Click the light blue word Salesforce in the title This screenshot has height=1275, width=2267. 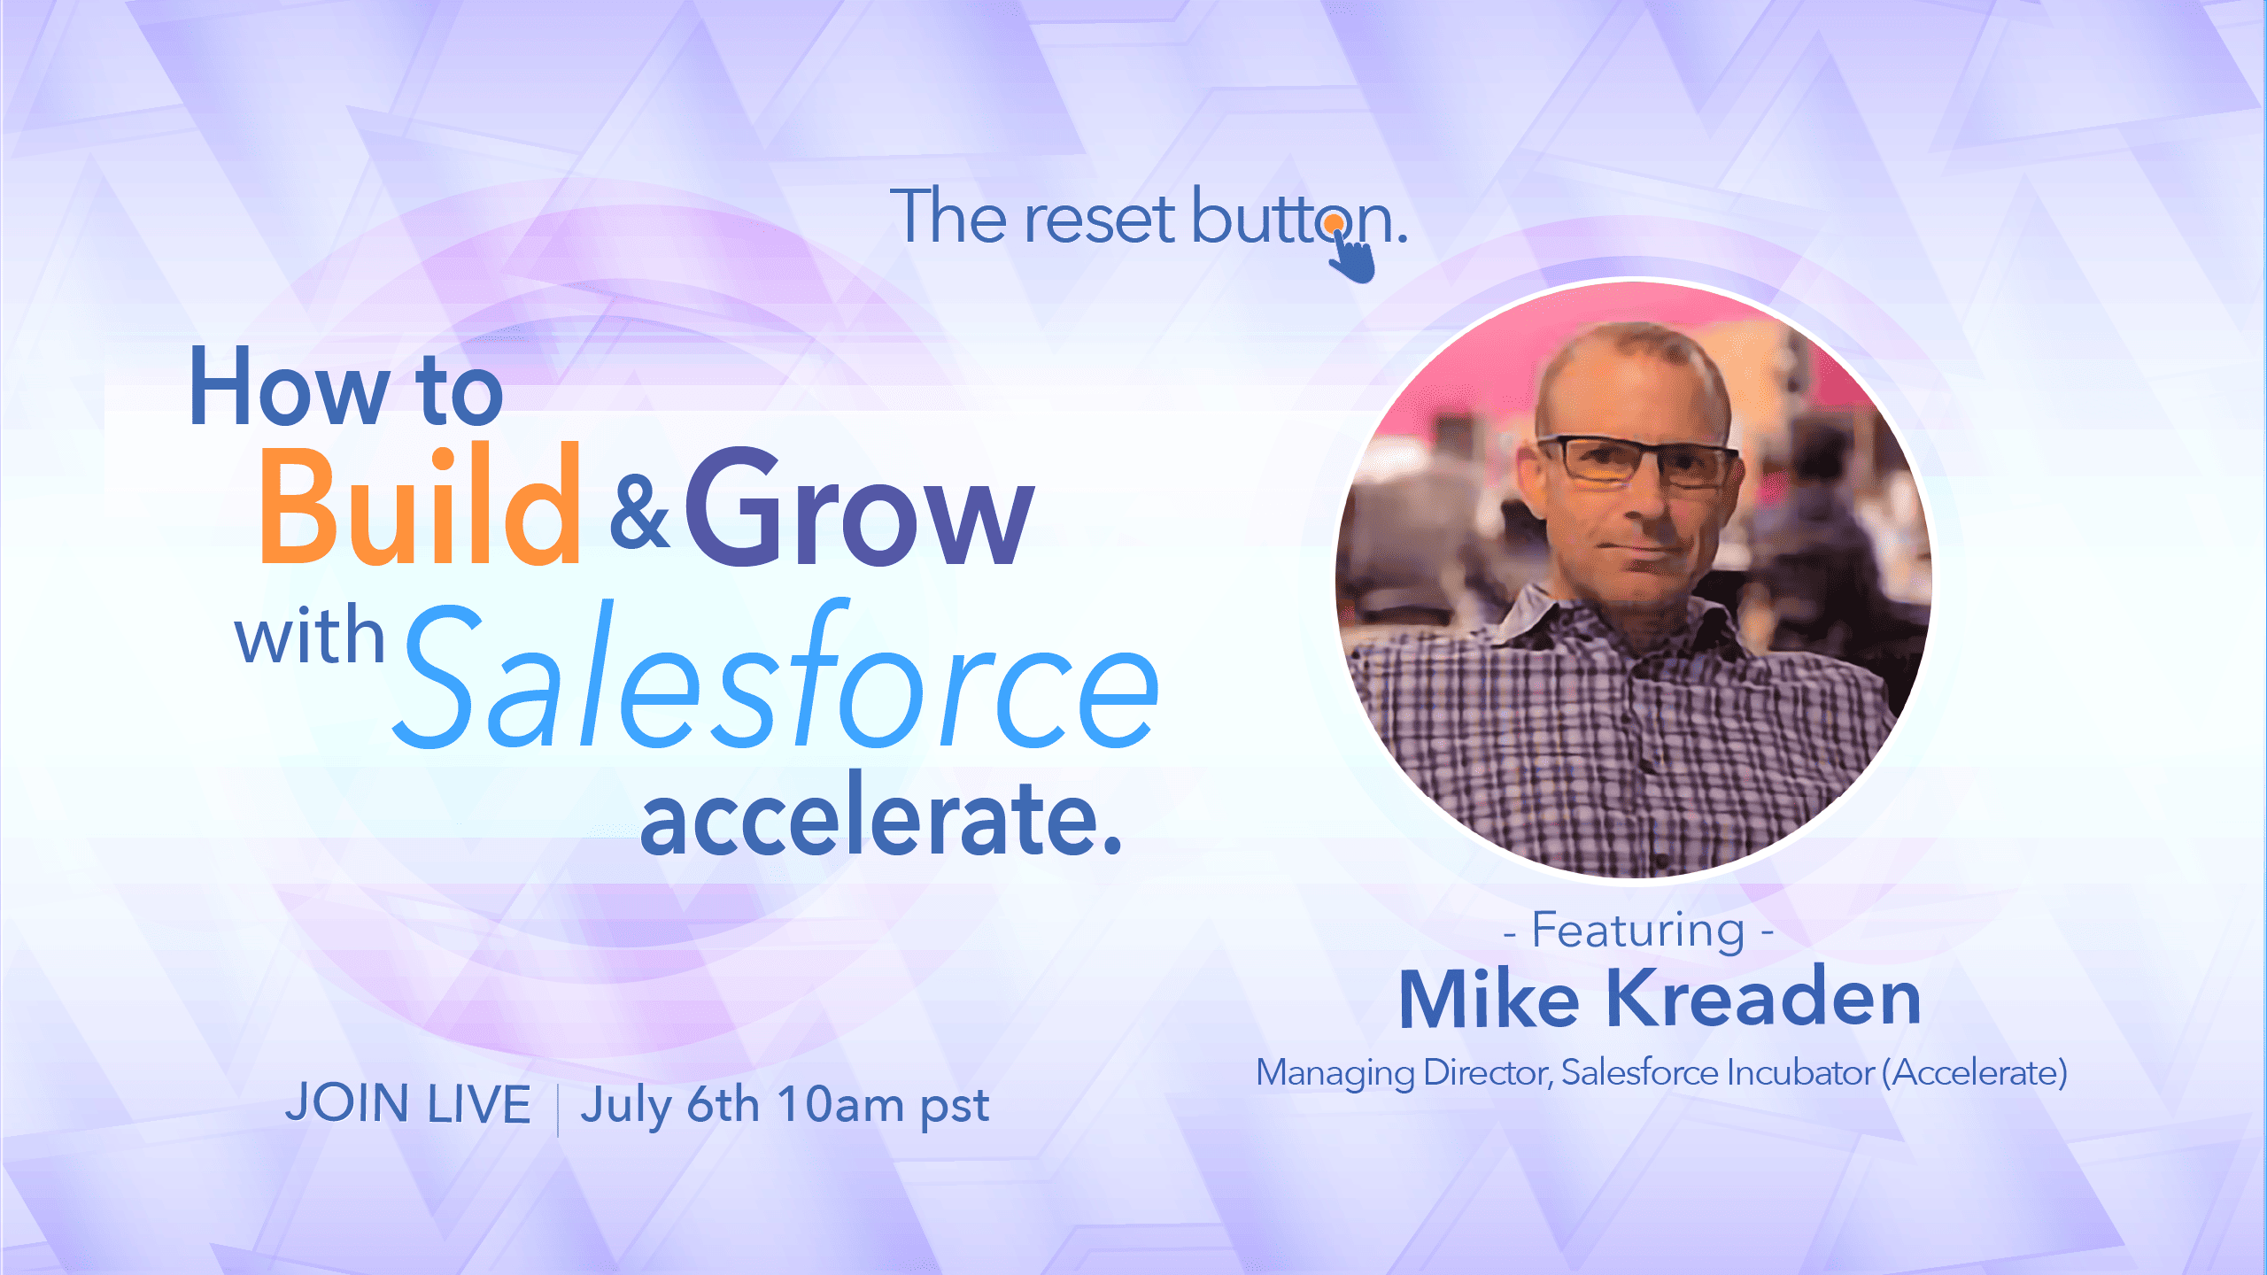[776, 675]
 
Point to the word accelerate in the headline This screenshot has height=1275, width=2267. [880, 815]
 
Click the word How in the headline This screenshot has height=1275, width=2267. [289, 386]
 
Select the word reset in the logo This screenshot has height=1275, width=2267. [1098, 218]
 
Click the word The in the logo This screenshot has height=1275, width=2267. [948, 215]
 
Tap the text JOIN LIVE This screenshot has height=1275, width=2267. [408, 1104]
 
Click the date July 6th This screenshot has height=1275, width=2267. [670, 1106]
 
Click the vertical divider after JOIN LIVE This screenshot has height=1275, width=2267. [558, 1109]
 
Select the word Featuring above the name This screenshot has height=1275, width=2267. [1638, 931]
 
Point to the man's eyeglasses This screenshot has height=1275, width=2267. [1638, 462]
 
